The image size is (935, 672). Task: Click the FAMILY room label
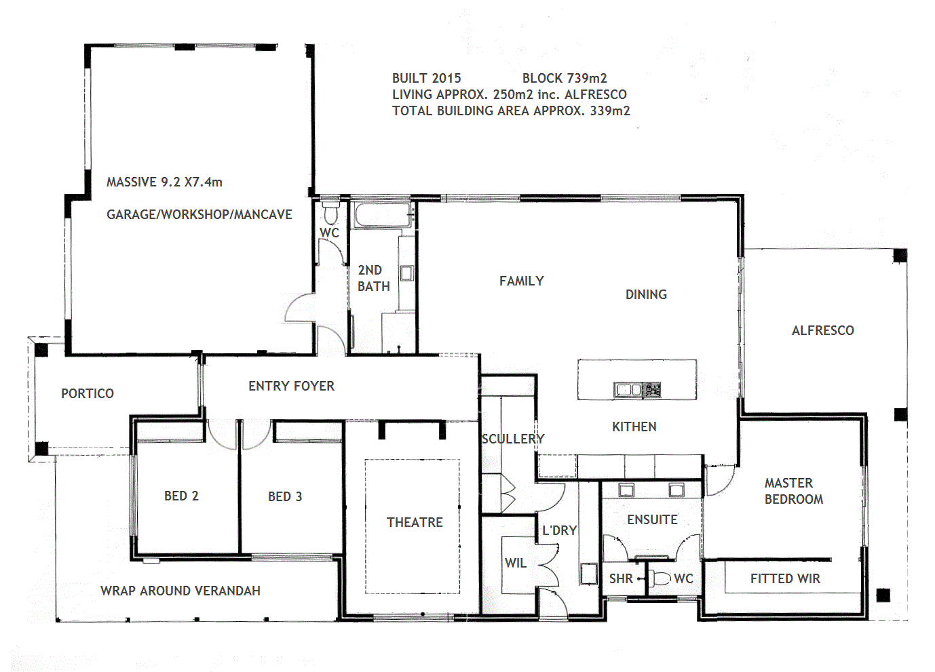coord(521,281)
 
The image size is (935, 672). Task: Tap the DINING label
coord(646,294)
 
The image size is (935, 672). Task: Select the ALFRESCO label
coord(822,330)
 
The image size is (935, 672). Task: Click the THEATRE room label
coord(415,522)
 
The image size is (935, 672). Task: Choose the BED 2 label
coord(181,496)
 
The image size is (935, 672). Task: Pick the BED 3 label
coord(285,496)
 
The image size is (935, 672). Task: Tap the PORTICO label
coord(88,393)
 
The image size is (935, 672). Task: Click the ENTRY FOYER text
coord(291,386)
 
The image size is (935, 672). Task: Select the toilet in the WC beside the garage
coord(330,214)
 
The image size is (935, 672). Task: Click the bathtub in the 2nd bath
coord(382,216)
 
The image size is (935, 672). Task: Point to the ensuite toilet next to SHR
coord(660,578)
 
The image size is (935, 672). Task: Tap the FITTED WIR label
coord(785,578)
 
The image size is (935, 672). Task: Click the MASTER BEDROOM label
coord(793,491)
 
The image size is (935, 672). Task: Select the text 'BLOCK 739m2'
coord(565,78)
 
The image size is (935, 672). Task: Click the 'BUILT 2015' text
coord(426,78)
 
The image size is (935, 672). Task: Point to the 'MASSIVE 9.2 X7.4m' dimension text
coord(164,182)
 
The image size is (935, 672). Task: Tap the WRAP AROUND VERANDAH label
coord(180,591)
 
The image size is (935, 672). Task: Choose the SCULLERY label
coord(513,439)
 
